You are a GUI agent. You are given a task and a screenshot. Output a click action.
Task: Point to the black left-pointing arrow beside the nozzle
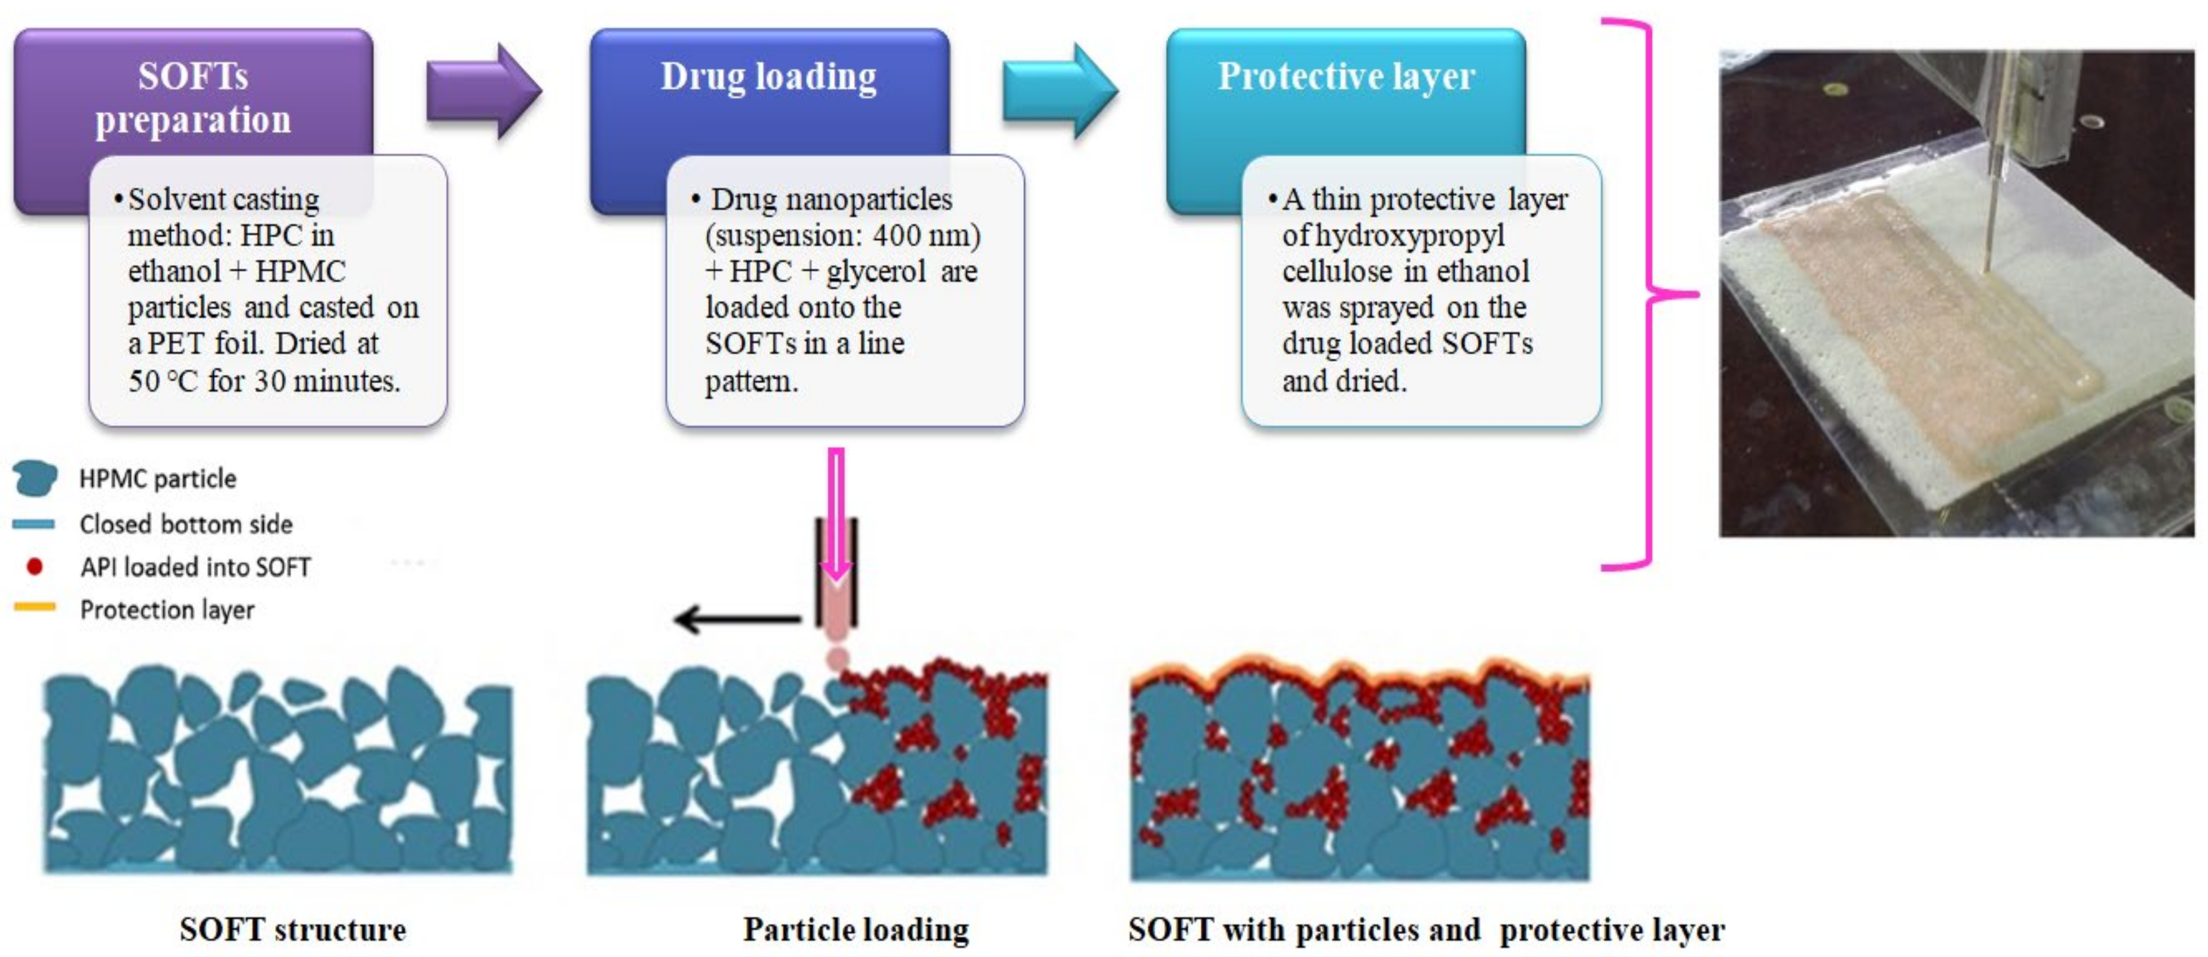(736, 618)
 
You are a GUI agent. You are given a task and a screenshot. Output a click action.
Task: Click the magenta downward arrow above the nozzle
(836, 514)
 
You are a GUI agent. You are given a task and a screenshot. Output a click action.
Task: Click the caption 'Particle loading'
(856, 929)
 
